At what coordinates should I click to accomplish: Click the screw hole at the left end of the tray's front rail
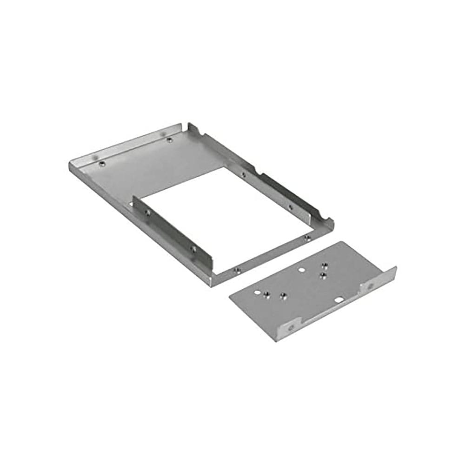coord(238,269)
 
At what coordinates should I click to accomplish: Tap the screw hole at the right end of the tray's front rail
coord(307,238)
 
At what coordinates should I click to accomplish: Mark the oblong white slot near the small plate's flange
coord(342,301)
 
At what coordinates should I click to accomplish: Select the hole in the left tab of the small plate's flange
coord(291,327)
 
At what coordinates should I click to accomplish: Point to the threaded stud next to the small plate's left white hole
coord(267,293)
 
